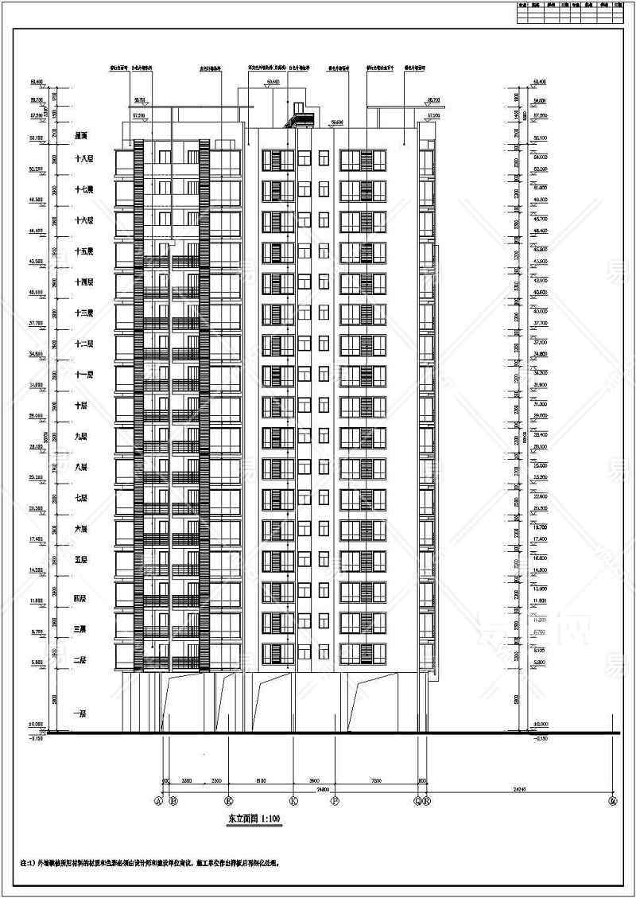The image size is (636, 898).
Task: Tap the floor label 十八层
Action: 83,159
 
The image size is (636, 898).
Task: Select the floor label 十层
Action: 80,405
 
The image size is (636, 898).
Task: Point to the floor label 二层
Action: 80,660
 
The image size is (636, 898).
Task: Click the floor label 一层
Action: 80,714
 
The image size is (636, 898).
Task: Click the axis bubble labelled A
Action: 158,800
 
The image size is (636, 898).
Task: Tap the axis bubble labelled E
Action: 229,800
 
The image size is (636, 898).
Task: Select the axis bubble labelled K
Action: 294,800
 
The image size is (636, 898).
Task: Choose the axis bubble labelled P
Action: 335,800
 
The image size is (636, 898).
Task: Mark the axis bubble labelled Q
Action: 418,800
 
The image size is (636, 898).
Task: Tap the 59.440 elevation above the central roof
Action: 273,82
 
